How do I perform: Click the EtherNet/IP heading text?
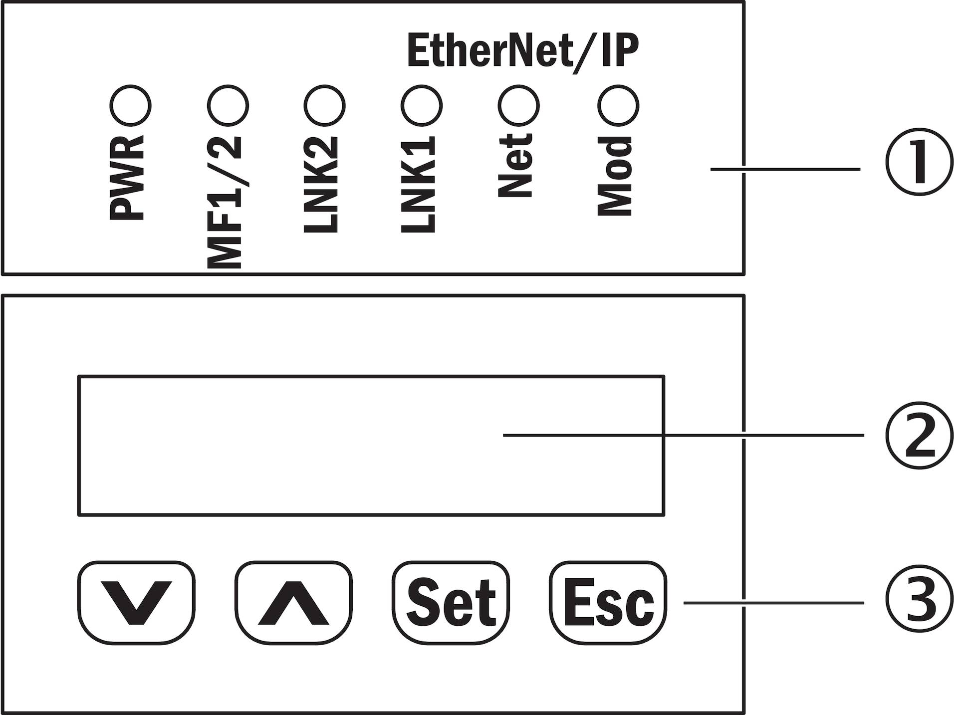(523, 51)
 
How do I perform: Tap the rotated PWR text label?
(127, 178)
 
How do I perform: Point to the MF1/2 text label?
(224, 202)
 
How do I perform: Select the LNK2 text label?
(321, 184)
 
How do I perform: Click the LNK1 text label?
(418, 184)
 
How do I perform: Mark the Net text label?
(515, 165)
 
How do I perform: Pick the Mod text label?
(614, 176)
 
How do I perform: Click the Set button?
(451, 603)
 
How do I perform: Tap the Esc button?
(608, 603)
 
